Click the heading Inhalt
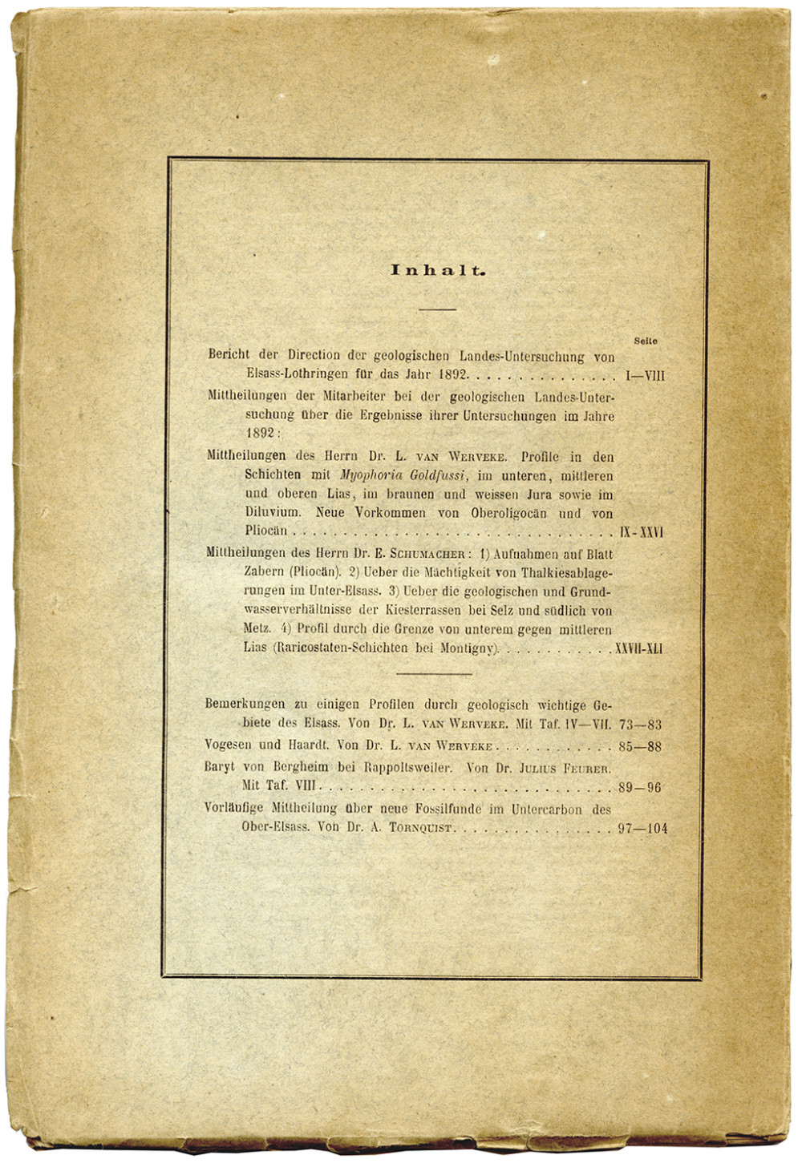[438, 271]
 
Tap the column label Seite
[645, 341]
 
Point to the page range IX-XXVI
[642, 531]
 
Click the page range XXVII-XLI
[638, 648]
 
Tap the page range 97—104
[642, 829]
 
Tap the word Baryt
[220, 767]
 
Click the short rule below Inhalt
[437, 309]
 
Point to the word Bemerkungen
[245, 705]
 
